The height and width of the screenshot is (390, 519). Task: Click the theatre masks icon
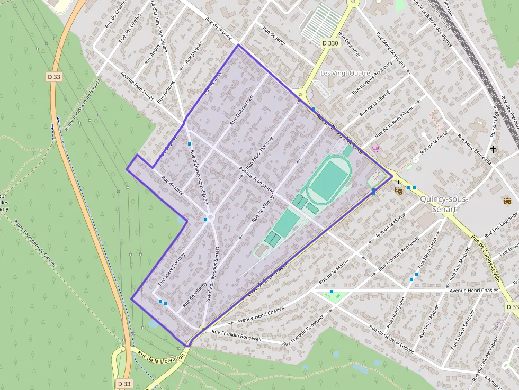(x=399, y=189)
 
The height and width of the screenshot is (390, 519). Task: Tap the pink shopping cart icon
(x=376, y=149)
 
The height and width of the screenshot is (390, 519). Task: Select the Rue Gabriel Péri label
(x=242, y=110)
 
